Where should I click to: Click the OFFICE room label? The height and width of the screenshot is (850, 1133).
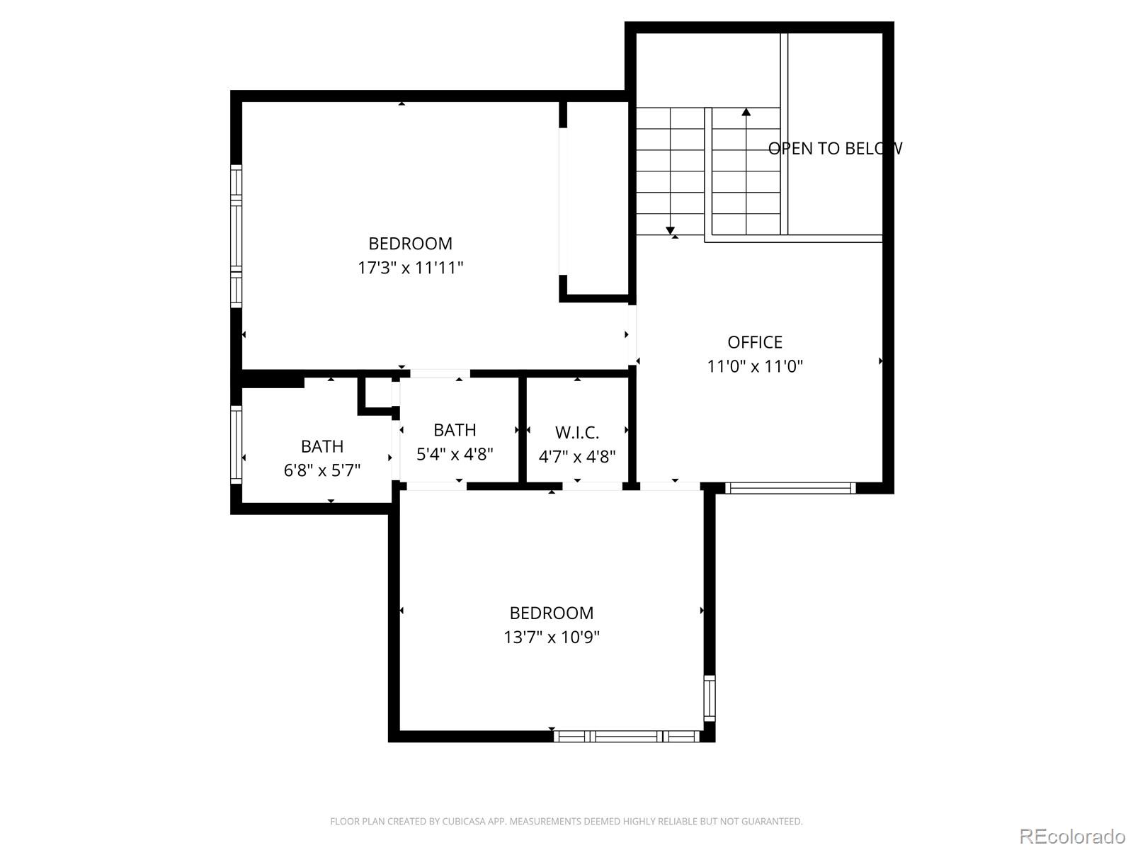pos(755,342)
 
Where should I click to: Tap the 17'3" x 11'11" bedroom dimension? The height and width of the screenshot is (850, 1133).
pos(410,268)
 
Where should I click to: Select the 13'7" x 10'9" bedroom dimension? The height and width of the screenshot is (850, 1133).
pos(552,637)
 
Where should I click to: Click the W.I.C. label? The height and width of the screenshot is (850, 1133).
pos(577,432)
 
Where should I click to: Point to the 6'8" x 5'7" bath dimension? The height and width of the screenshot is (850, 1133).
pos(322,470)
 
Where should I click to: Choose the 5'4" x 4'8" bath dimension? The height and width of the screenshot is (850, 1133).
pos(455,454)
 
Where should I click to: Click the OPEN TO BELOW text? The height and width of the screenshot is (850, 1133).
pos(835,148)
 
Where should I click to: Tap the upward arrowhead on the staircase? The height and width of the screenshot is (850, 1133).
pos(746,111)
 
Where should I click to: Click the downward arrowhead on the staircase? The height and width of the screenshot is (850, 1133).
pos(670,230)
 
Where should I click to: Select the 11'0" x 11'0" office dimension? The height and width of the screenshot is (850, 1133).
pos(755,366)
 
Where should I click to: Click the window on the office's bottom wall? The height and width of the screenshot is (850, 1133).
pos(790,487)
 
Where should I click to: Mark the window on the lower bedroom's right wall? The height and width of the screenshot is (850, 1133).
pos(709,698)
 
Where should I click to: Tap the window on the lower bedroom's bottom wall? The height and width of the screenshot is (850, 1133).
pos(626,737)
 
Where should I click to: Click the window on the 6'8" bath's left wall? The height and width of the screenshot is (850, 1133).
pos(237,444)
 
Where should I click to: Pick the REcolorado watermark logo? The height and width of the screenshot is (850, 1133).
pos(1071,836)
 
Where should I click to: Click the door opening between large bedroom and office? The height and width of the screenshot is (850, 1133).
pos(632,334)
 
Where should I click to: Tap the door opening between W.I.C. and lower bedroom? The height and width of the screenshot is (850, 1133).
pos(592,487)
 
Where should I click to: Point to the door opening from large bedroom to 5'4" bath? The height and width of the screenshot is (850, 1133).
pos(440,373)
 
